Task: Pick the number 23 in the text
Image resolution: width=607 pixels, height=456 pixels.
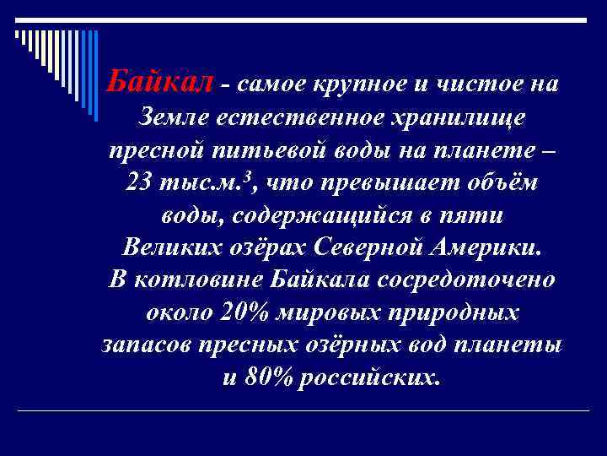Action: (138, 182)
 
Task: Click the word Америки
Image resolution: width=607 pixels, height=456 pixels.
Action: (486, 248)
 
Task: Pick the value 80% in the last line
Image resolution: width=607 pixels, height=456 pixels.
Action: (268, 377)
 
